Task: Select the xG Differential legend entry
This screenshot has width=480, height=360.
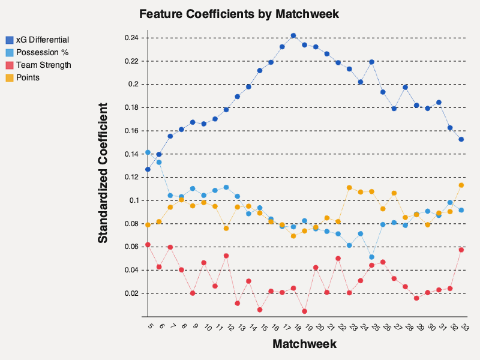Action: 38,40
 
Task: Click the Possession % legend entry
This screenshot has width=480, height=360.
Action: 38,53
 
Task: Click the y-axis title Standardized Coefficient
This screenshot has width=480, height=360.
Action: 103,173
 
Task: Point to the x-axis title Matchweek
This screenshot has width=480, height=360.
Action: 304,344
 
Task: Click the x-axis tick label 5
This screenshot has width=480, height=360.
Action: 149,326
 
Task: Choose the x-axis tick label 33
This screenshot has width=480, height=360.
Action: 464,328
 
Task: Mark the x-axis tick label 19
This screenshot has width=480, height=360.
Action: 307,328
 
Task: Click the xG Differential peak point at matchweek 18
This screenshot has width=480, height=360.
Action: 293,35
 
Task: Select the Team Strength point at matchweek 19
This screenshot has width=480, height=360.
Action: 305,311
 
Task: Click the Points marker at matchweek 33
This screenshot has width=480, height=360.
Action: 461,185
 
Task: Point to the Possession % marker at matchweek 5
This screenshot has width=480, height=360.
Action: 148,152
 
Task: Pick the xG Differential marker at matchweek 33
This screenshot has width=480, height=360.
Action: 461,139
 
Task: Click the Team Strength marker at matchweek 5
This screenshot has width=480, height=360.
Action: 148,245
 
